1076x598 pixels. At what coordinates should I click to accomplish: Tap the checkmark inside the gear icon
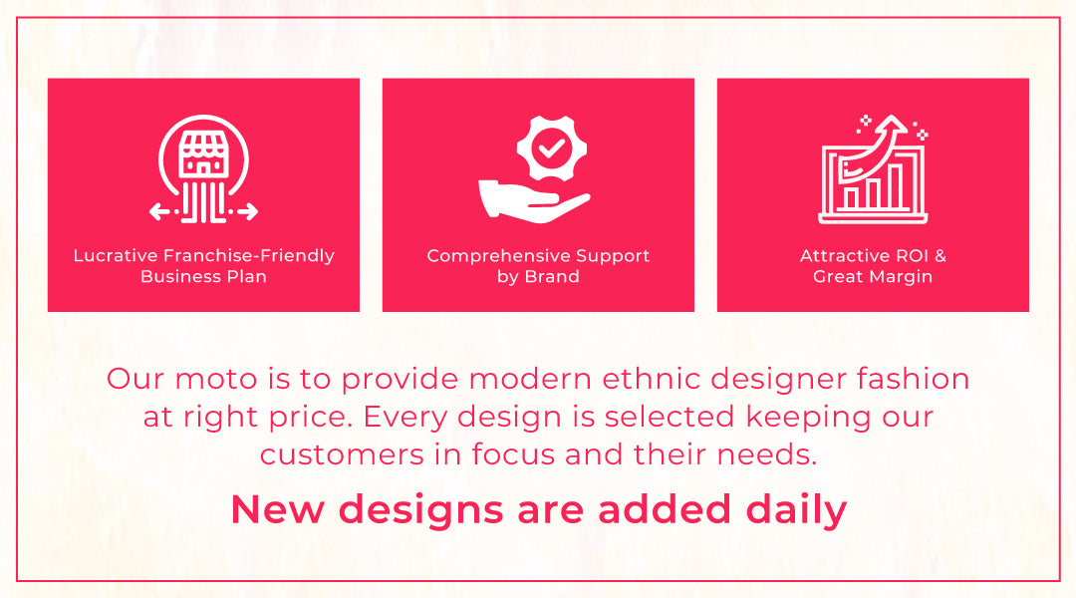(551, 148)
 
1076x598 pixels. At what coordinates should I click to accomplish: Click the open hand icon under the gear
(534, 201)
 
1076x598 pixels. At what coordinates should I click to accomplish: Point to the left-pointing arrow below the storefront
(159, 211)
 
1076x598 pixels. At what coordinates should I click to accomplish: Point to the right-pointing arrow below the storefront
(247, 211)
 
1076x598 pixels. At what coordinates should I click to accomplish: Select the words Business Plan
(203, 276)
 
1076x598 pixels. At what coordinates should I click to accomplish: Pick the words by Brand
(538, 277)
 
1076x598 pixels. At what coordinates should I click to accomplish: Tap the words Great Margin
(873, 276)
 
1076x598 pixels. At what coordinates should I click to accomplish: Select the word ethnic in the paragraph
(651, 379)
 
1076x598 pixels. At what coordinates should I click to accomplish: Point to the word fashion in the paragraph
(913, 379)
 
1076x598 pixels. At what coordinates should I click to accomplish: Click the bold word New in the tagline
(278, 509)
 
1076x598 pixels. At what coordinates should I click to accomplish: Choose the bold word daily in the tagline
(796, 510)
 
